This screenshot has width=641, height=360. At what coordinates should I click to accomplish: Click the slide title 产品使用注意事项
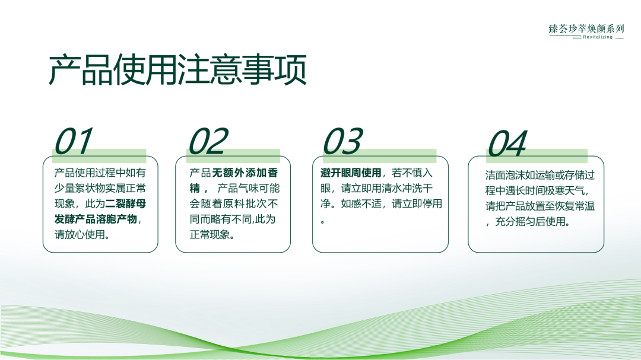(x=177, y=71)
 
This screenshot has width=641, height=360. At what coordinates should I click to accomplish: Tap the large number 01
(x=74, y=142)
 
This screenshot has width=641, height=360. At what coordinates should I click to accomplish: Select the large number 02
(x=208, y=142)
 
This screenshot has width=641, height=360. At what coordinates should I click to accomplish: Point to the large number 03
(x=342, y=142)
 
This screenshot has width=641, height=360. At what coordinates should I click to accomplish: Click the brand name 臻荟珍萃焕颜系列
(x=586, y=28)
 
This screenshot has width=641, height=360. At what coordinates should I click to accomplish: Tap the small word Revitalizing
(x=597, y=37)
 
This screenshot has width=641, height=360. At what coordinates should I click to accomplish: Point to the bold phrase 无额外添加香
(x=245, y=173)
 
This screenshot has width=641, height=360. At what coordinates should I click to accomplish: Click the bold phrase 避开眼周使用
(x=350, y=173)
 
